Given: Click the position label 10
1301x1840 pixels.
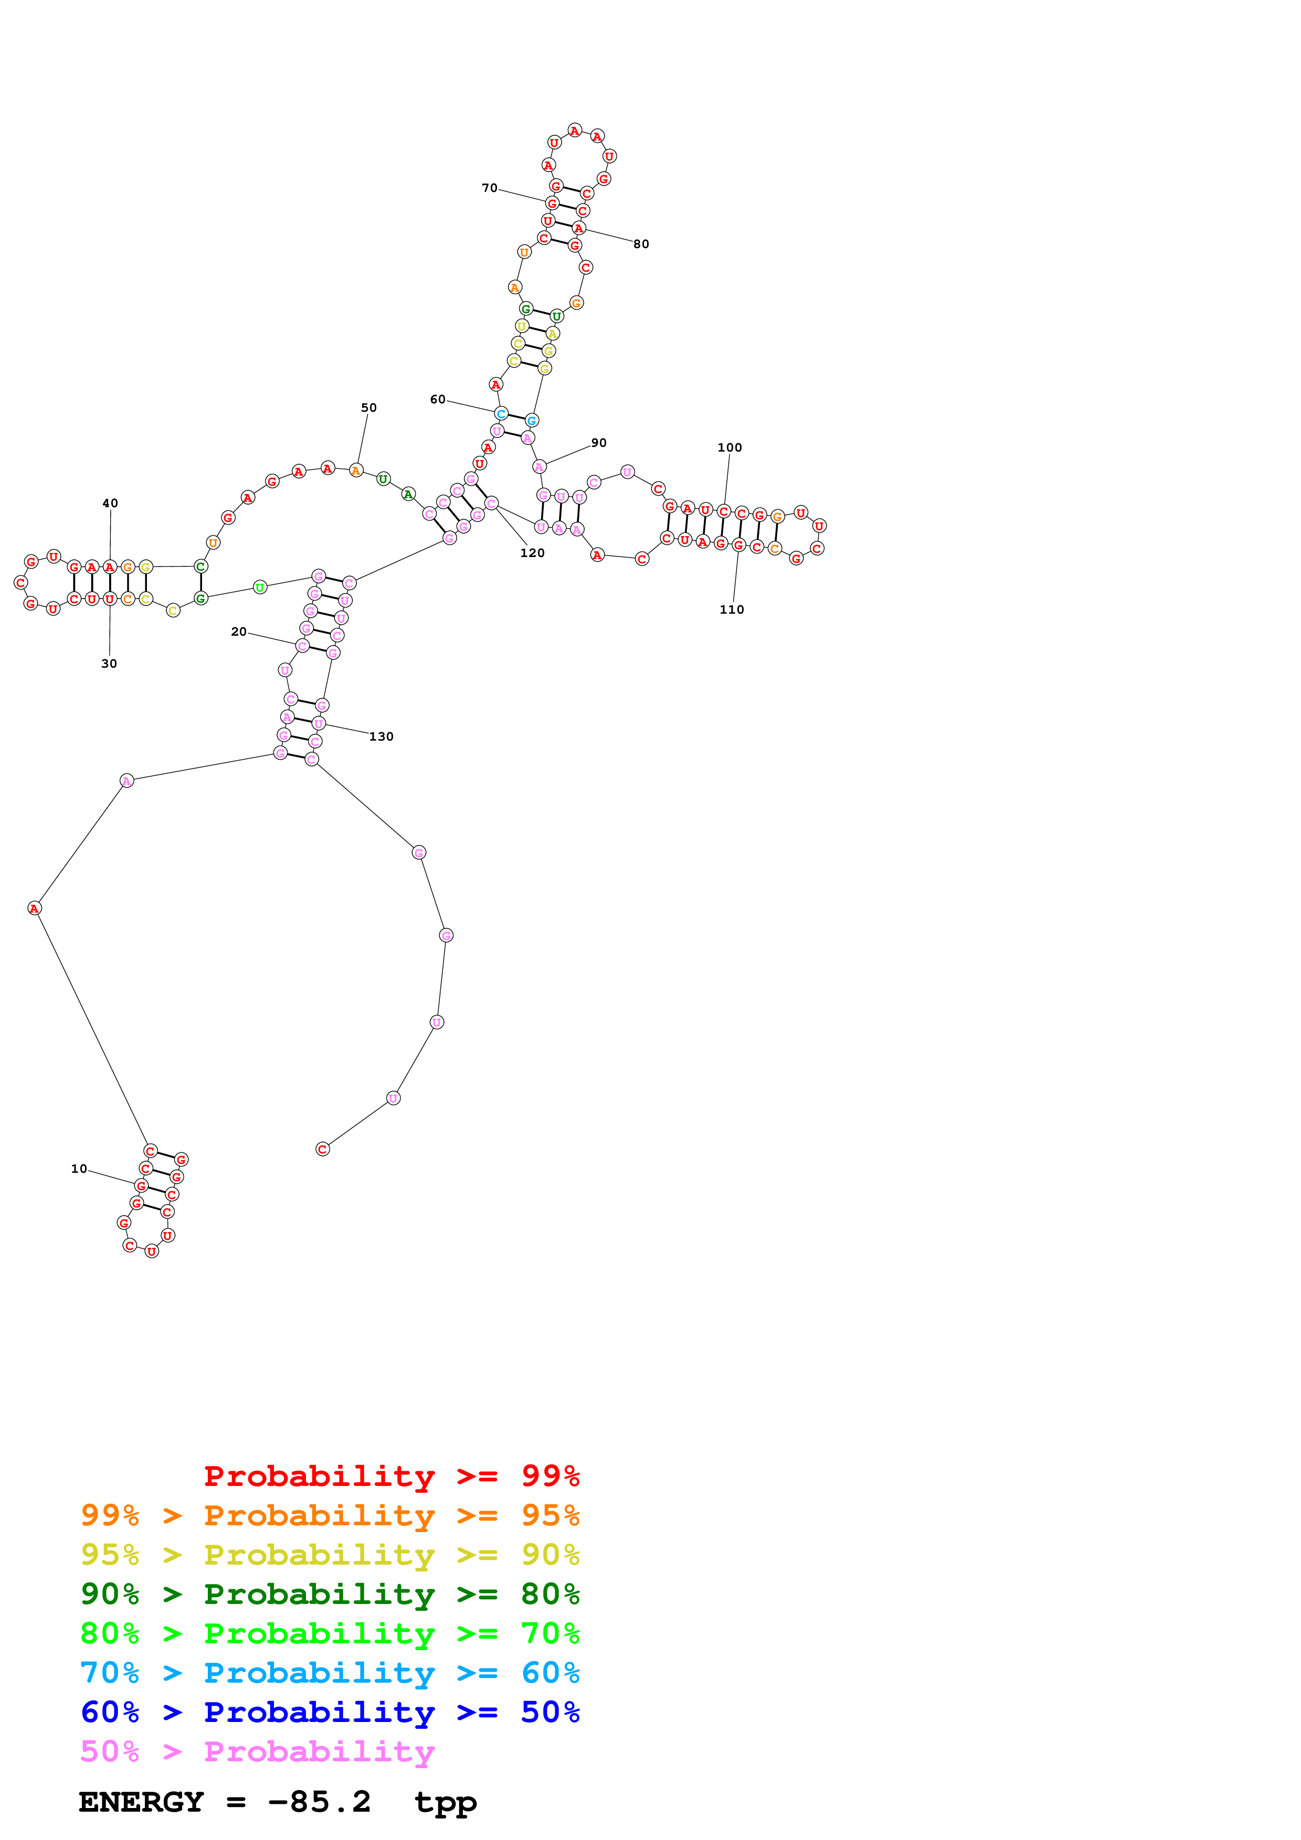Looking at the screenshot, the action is pyautogui.click(x=79, y=1169).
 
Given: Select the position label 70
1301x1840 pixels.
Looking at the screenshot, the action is pyautogui.click(x=489, y=188).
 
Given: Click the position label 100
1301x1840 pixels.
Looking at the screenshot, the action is pyautogui.click(x=729, y=447).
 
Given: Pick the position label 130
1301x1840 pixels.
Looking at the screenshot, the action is pyautogui.click(x=382, y=736).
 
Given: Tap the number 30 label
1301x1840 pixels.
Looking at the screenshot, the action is pyautogui.click(x=109, y=664).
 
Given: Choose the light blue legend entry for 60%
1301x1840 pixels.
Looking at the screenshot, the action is pyautogui.click(x=330, y=1673).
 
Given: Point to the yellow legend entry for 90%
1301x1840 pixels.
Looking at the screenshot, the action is pyautogui.click(x=330, y=1554).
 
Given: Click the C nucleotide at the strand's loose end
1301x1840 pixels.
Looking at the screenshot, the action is pyautogui.click(x=322, y=1149).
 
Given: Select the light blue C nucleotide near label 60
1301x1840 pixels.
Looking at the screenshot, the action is pyautogui.click(x=501, y=413).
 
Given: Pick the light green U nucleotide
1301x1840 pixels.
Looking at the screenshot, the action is pyautogui.click(x=260, y=587).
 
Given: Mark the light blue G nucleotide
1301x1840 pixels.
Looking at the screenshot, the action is pyautogui.click(x=532, y=420).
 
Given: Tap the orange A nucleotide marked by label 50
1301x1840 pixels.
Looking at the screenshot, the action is pyautogui.click(x=356, y=470).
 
